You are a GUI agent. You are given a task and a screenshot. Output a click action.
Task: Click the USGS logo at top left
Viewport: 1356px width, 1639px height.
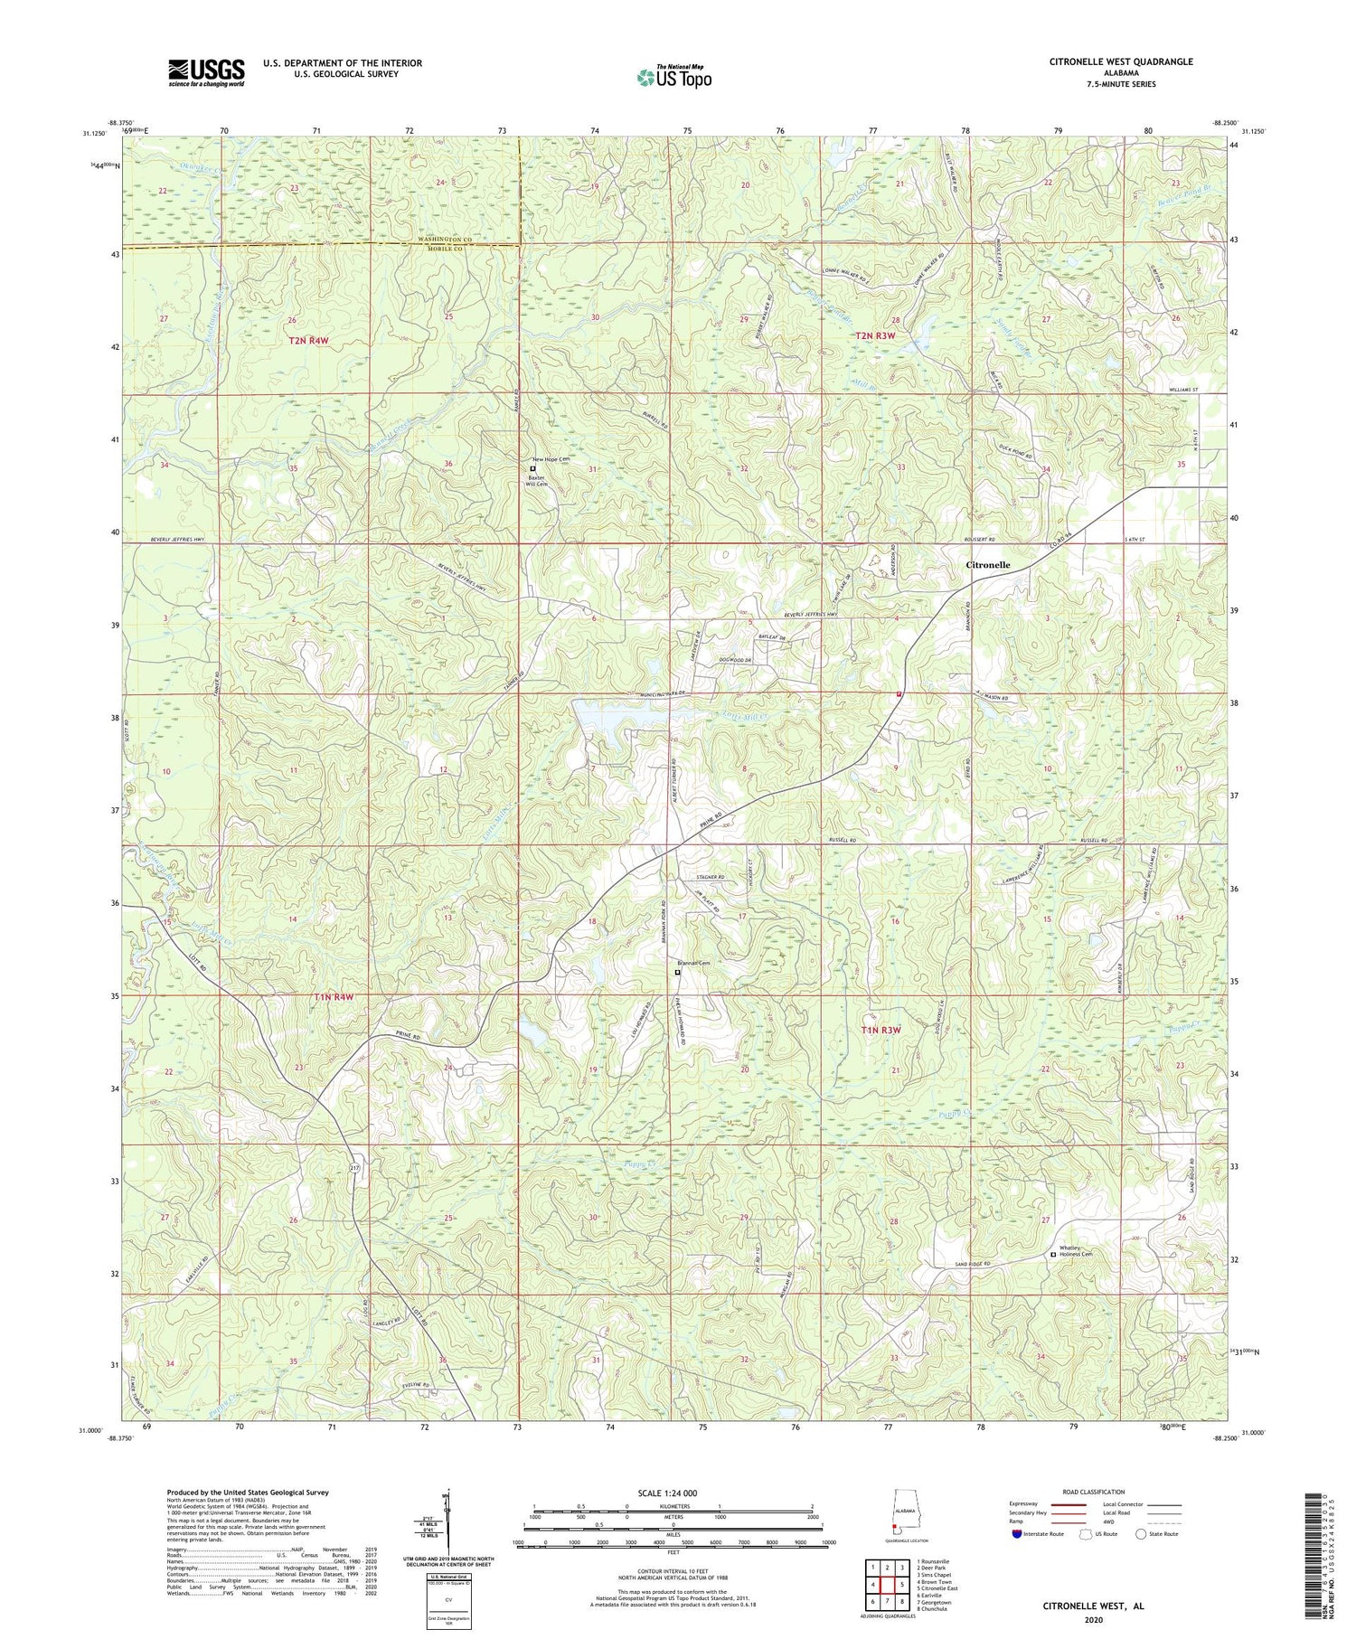(x=205, y=72)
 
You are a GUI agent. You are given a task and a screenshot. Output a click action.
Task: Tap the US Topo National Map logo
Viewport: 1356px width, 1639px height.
(x=673, y=77)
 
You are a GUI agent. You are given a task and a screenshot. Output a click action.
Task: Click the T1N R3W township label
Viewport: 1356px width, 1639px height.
(x=880, y=1030)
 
